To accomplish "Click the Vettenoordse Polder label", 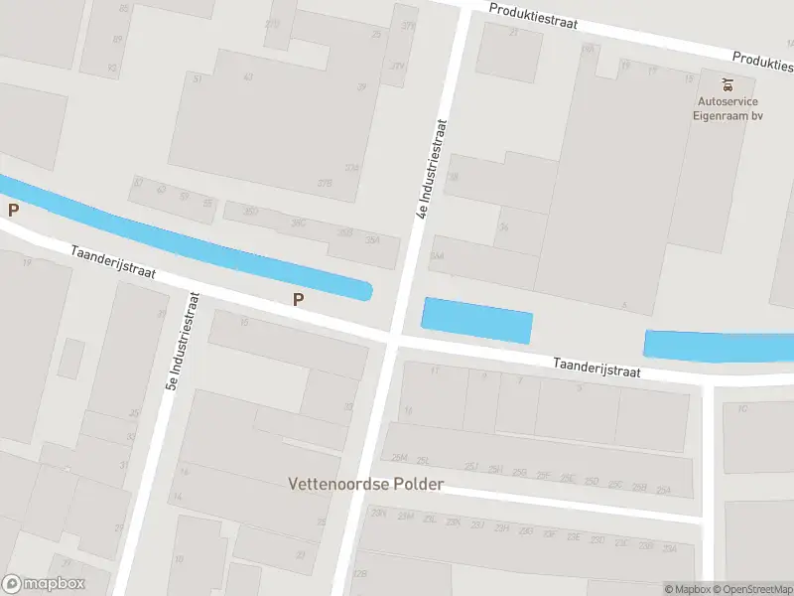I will [x=365, y=485].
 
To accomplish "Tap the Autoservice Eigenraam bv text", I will [x=728, y=108].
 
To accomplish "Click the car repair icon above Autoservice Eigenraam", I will [x=728, y=82].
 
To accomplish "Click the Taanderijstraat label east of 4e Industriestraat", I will [x=597, y=368].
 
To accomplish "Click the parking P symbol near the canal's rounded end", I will [x=297, y=299].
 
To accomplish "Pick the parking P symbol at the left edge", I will [x=13, y=210].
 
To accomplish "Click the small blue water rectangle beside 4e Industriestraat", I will [x=477, y=320].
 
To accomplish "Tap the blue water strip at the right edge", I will [x=720, y=345].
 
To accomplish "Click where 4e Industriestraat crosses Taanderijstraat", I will [x=392, y=341].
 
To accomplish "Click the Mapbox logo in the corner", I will [x=44, y=584].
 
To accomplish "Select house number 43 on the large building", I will [x=248, y=77].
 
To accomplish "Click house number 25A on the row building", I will [x=664, y=490].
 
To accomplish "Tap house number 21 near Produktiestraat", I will [x=514, y=33].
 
